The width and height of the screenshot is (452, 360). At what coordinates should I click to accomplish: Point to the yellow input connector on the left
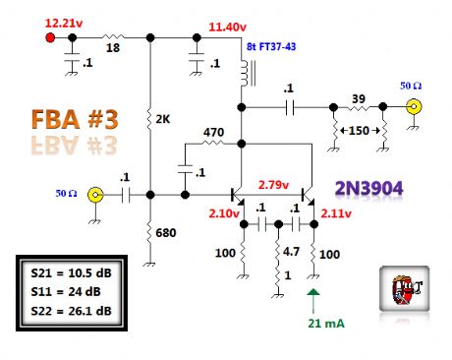[x=96, y=195]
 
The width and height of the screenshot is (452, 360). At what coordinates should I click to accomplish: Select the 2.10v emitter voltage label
[x=224, y=213]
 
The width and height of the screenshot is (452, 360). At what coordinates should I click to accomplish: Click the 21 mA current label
[x=314, y=323]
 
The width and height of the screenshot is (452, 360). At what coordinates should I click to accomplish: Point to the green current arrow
[x=313, y=297]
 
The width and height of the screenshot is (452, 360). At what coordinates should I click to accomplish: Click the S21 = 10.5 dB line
[x=69, y=273]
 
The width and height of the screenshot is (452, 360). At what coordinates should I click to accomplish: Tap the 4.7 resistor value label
[x=285, y=251]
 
